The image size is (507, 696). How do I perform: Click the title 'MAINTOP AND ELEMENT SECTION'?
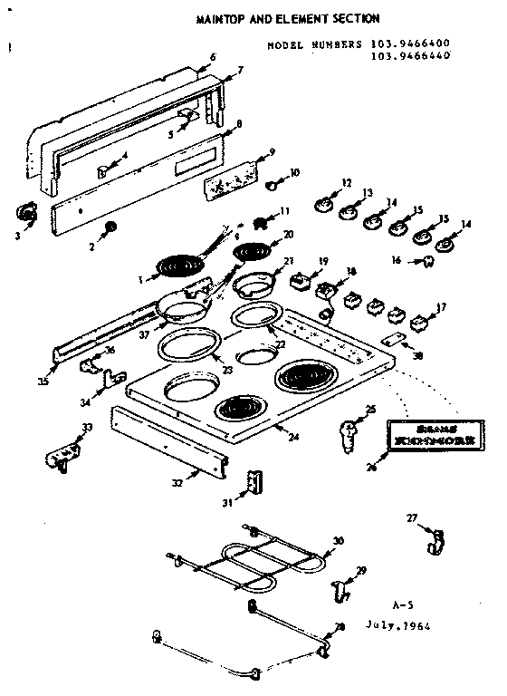point(289,17)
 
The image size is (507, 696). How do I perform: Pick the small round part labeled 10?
point(271,185)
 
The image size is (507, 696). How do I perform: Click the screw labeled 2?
point(110,226)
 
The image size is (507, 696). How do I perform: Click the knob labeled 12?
point(322,204)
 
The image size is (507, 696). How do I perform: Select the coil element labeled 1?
point(177,266)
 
